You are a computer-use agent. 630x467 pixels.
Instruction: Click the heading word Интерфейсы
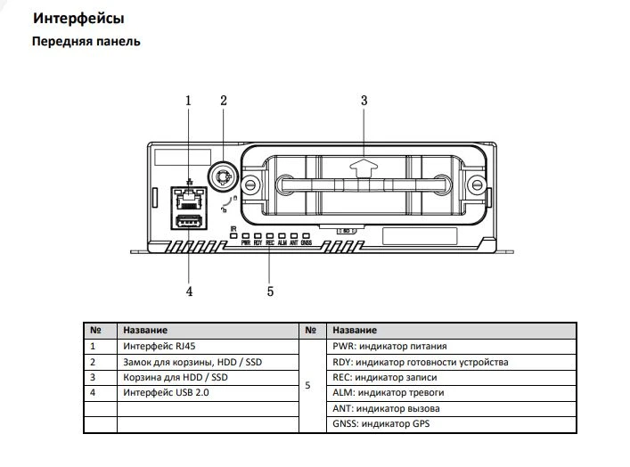pyautogui.click(x=78, y=19)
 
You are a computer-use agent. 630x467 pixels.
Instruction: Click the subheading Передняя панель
pyautogui.click(x=86, y=42)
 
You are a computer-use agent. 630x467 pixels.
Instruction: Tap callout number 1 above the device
pyautogui.click(x=188, y=101)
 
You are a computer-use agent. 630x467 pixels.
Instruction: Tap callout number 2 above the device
pyautogui.click(x=224, y=101)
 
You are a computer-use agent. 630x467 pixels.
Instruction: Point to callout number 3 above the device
pyautogui.click(x=364, y=101)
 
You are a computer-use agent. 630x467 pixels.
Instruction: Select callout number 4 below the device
pyautogui.click(x=188, y=290)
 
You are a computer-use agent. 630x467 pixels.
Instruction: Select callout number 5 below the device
pyautogui.click(x=269, y=290)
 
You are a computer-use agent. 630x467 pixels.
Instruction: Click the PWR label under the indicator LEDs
pyautogui.click(x=245, y=242)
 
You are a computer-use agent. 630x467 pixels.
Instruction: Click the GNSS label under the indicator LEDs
pyautogui.click(x=306, y=242)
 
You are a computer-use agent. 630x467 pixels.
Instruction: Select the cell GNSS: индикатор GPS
pyautogui.click(x=380, y=424)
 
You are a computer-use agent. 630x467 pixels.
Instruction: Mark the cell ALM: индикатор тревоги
pyautogui.click(x=388, y=392)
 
